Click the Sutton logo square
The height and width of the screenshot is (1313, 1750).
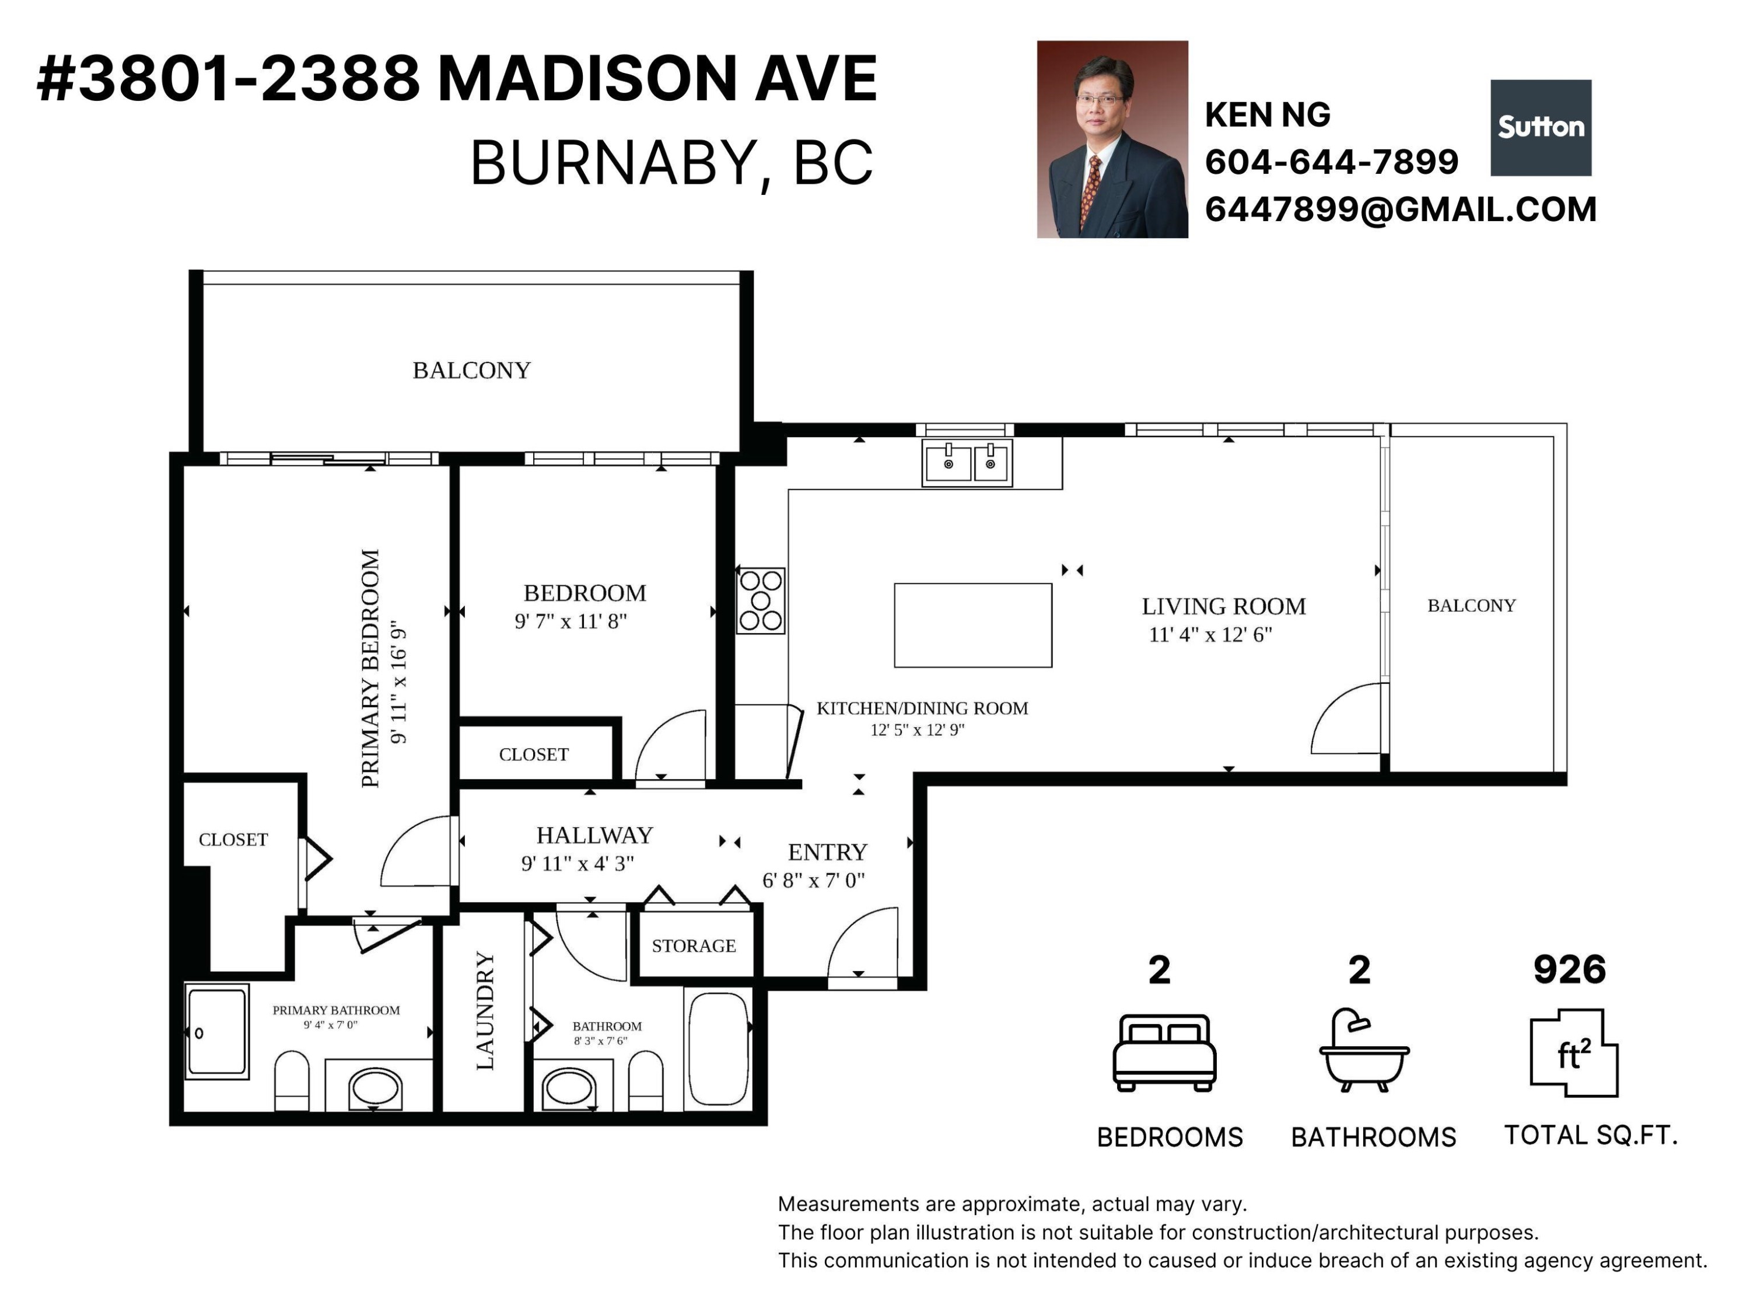click(1541, 127)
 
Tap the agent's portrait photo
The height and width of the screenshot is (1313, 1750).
click(1112, 139)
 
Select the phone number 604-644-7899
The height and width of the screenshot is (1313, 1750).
click(1332, 162)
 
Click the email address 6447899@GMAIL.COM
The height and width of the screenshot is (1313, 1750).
click(1401, 209)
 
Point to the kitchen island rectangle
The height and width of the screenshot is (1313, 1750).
click(973, 625)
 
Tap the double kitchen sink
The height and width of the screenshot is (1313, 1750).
click(967, 462)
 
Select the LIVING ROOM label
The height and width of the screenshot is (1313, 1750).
click(1223, 606)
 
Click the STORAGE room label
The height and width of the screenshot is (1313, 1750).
click(694, 946)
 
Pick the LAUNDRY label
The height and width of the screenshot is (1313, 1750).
click(485, 1011)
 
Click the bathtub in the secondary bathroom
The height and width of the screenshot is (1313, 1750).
click(718, 1049)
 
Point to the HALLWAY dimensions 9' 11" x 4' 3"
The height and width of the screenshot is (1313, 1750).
click(577, 864)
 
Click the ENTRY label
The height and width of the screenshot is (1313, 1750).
click(828, 853)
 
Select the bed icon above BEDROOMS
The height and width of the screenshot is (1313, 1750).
click(1164, 1053)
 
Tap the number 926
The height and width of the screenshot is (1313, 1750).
click(1570, 969)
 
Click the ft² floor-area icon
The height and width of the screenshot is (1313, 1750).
click(1574, 1053)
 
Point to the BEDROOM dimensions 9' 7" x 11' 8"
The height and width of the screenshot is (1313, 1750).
click(570, 621)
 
